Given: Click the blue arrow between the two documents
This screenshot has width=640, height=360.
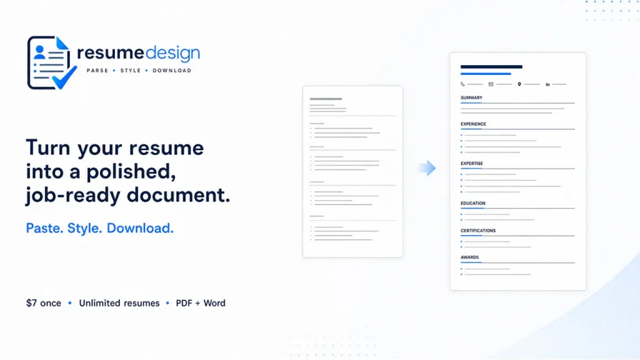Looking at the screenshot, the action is tap(427, 167).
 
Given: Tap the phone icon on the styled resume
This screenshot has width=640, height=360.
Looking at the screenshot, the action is tap(462, 84).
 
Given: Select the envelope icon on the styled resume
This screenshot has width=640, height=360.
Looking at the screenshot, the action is tap(491, 84).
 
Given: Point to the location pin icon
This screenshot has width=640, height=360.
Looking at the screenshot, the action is tap(519, 84).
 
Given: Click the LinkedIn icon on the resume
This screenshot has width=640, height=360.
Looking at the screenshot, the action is tap(547, 84).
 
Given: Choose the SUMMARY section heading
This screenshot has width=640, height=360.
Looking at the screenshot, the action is tap(471, 97).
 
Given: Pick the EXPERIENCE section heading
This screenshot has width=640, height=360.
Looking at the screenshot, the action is tap(474, 124).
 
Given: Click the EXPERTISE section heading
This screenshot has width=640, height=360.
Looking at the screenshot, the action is tap(472, 163).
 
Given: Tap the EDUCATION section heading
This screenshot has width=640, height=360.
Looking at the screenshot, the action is tap(473, 203).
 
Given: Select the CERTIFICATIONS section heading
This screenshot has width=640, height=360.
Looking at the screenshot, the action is tap(478, 231).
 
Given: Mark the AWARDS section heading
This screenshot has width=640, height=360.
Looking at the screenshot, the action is tap(470, 257).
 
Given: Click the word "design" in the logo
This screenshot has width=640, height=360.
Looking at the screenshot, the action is tap(172, 54).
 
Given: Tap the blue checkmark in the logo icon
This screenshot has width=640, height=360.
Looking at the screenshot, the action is tap(64, 77).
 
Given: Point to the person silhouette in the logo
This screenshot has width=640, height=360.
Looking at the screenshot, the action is tap(39, 52).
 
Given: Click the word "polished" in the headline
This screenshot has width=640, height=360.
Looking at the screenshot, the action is tap(131, 172).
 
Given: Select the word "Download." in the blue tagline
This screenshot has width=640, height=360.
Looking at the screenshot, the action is tap(140, 228).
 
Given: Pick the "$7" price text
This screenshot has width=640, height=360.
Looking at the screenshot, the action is tap(31, 303).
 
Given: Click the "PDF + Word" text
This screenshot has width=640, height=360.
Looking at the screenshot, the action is tap(201, 303).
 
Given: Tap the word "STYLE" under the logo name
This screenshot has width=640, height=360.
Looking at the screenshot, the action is tap(131, 71).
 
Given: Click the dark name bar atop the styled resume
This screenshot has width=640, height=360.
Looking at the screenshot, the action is tap(491, 66).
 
